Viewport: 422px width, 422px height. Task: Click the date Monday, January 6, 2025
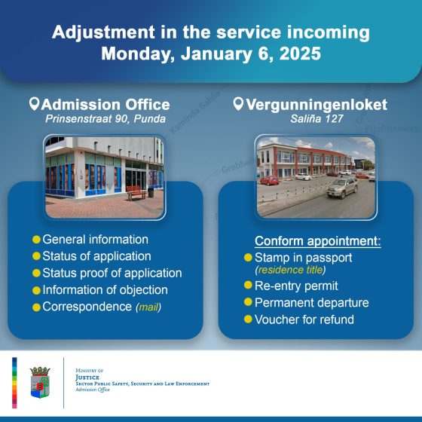(211, 54)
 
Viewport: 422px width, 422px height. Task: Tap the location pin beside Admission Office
(34, 103)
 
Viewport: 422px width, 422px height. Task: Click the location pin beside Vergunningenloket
(239, 103)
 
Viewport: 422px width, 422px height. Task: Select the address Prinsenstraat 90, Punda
(105, 120)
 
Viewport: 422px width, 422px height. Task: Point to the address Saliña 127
(311, 120)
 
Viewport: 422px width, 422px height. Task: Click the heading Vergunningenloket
(318, 104)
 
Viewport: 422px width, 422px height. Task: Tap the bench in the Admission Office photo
(136, 193)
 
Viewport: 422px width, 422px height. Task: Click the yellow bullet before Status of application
(35, 256)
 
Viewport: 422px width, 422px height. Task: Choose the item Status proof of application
(112, 273)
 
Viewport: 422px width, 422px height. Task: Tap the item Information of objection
(105, 289)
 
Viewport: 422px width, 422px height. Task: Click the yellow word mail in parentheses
(149, 307)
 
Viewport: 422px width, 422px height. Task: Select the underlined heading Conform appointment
(317, 241)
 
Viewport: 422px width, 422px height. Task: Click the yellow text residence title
(292, 269)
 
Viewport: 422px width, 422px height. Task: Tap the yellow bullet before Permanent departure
(247, 303)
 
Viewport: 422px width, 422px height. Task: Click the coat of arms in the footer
(41, 381)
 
